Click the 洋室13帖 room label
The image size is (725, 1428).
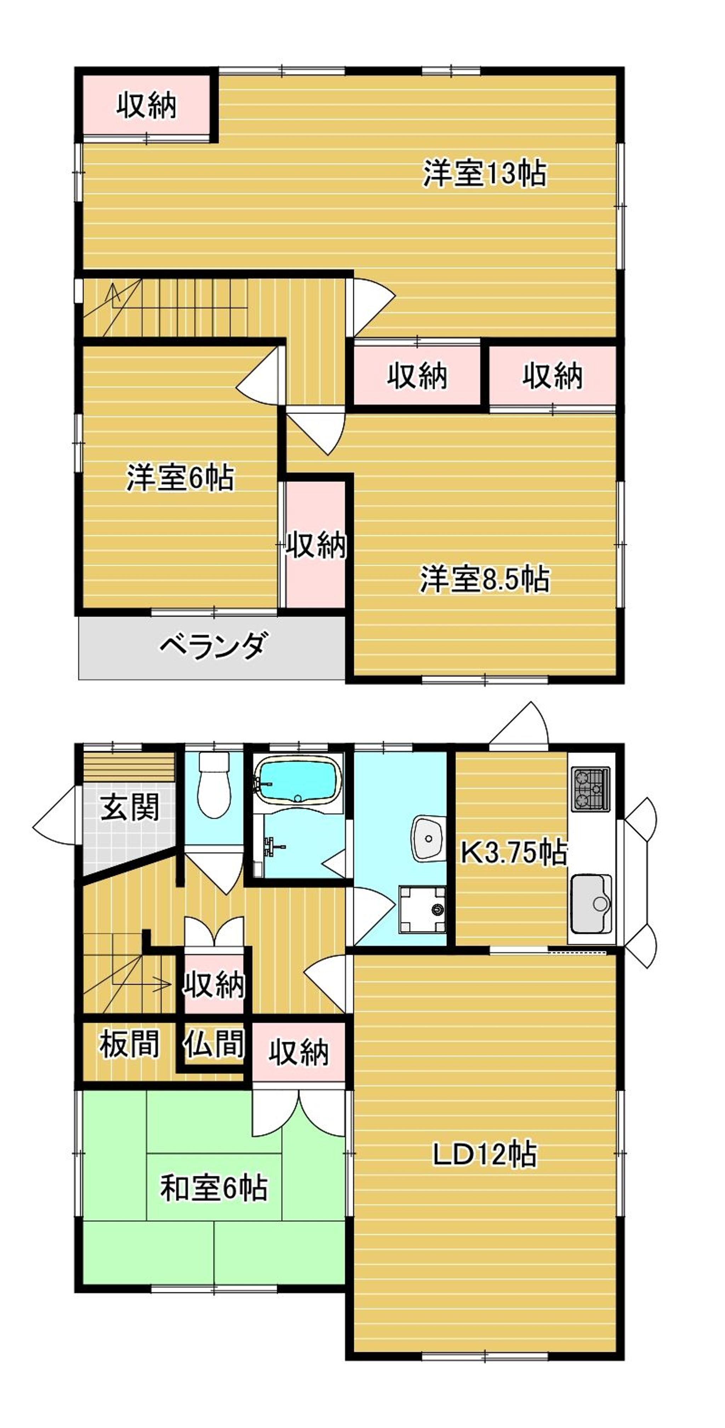484,174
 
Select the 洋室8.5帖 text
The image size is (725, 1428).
484,579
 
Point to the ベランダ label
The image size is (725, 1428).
212,646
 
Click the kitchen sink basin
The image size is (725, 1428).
591,903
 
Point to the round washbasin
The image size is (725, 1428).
428,838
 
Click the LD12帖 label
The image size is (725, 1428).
484,1154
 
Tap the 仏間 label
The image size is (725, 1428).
214,1045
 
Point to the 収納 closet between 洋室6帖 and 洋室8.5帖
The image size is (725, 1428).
316,545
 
